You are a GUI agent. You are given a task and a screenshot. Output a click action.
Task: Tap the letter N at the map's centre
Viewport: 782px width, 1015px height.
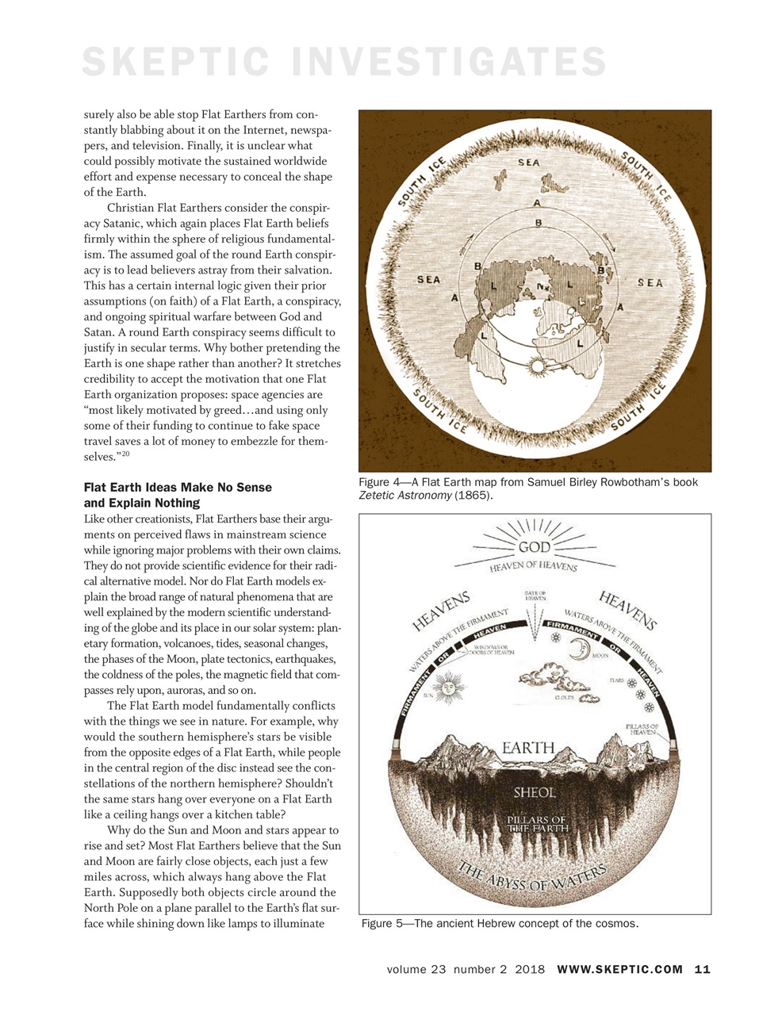(x=541, y=285)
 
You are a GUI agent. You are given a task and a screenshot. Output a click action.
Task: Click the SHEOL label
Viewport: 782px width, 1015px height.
(x=535, y=792)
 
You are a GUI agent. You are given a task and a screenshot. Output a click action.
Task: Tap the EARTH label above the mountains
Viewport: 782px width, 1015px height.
(x=528, y=748)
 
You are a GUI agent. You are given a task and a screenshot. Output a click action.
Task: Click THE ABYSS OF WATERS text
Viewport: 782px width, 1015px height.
(x=533, y=878)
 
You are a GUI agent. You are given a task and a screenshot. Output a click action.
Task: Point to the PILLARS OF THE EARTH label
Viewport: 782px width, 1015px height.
(x=537, y=823)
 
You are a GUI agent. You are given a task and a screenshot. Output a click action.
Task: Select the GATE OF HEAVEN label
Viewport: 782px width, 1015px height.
(x=539, y=596)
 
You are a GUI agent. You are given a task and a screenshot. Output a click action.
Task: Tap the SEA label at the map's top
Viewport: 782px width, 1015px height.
(x=528, y=163)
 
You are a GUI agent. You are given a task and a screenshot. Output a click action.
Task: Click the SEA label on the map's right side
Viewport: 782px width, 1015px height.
(x=650, y=283)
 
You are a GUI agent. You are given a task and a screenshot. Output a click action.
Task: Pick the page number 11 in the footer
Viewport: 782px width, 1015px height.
(x=702, y=969)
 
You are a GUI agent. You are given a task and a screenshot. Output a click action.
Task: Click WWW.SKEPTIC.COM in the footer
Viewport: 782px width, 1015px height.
(x=619, y=969)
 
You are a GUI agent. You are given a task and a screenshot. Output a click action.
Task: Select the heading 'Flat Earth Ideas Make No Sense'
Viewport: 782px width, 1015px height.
(x=178, y=488)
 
